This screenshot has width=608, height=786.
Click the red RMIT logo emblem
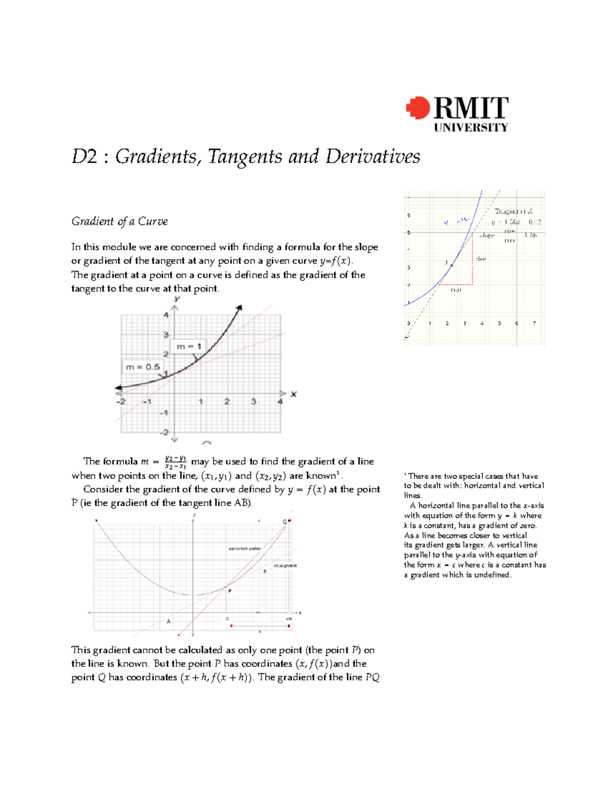pos(417,108)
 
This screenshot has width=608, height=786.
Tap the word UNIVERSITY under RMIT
pos(471,128)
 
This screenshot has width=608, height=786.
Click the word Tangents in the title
pos(245,156)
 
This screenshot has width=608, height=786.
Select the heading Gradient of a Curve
pos(120,221)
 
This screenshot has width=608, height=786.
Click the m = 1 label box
pos(189,346)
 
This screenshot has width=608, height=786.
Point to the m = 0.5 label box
pos(142,367)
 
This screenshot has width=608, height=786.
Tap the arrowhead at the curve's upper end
pos(239,307)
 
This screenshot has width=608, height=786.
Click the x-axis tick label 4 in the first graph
pos(280,401)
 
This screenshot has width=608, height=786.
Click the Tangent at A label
pos(513,211)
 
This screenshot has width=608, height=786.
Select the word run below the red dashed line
pos(456,290)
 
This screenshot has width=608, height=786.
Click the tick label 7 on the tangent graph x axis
pos(534,323)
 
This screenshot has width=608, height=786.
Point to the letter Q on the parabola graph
pos(285,522)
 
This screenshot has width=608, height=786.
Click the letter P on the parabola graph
pos(230,591)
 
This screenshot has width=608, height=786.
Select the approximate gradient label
pos(244,549)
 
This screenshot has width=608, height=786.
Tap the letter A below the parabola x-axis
pos(169,621)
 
